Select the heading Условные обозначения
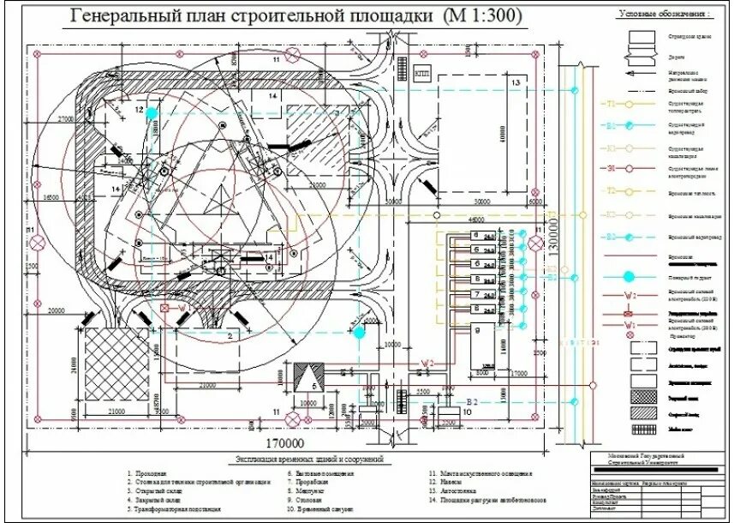pyautogui.click(x=665, y=15)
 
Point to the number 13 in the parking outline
pyautogui.click(x=516, y=82)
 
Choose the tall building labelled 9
pyautogui.click(x=486, y=344)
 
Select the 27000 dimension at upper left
pyautogui.click(x=68, y=119)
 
